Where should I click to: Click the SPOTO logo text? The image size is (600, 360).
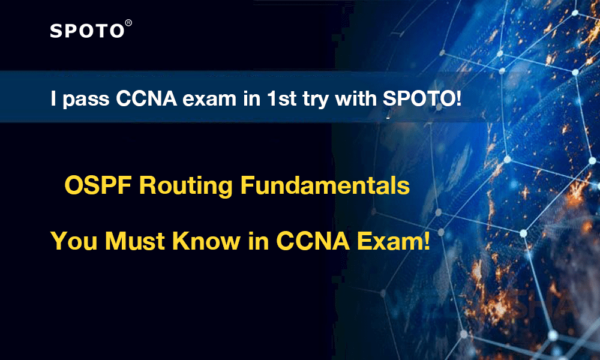[x=87, y=31]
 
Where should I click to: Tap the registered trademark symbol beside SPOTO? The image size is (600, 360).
[x=128, y=23]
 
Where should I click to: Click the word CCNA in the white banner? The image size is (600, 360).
[x=146, y=99]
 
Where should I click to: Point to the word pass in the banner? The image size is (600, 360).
[x=86, y=100]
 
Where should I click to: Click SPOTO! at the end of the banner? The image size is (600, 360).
[x=422, y=99]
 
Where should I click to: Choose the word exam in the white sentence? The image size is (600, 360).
[x=209, y=100]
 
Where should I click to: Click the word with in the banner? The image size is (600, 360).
[x=356, y=98]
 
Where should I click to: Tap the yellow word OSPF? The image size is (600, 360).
[x=98, y=185]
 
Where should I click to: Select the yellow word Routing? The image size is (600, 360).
[x=185, y=187]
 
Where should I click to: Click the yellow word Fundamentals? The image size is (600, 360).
[x=325, y=185]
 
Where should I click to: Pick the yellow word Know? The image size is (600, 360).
[x=206, y=241]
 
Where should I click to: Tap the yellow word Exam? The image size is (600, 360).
[x=394, y=241]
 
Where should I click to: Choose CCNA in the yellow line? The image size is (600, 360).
[x=313, y=241]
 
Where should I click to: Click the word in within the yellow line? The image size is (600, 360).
[x=258, y=241]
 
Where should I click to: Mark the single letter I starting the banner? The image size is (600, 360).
[x=53, y=99]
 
